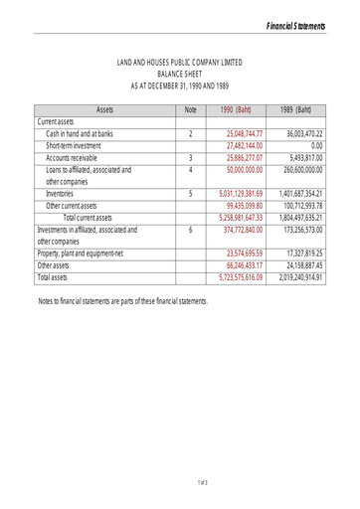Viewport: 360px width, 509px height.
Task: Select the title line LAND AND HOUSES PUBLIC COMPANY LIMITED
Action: (x=179, y=63)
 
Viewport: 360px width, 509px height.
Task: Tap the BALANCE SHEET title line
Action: (x=179, y=74)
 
